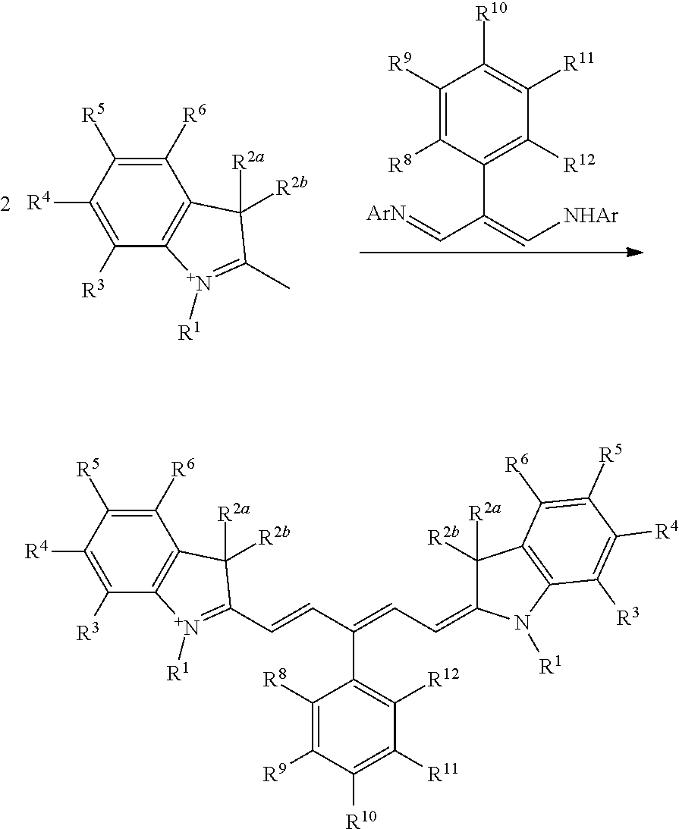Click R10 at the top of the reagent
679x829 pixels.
coord(487,14)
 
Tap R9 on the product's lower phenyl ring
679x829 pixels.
coord(275,774)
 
